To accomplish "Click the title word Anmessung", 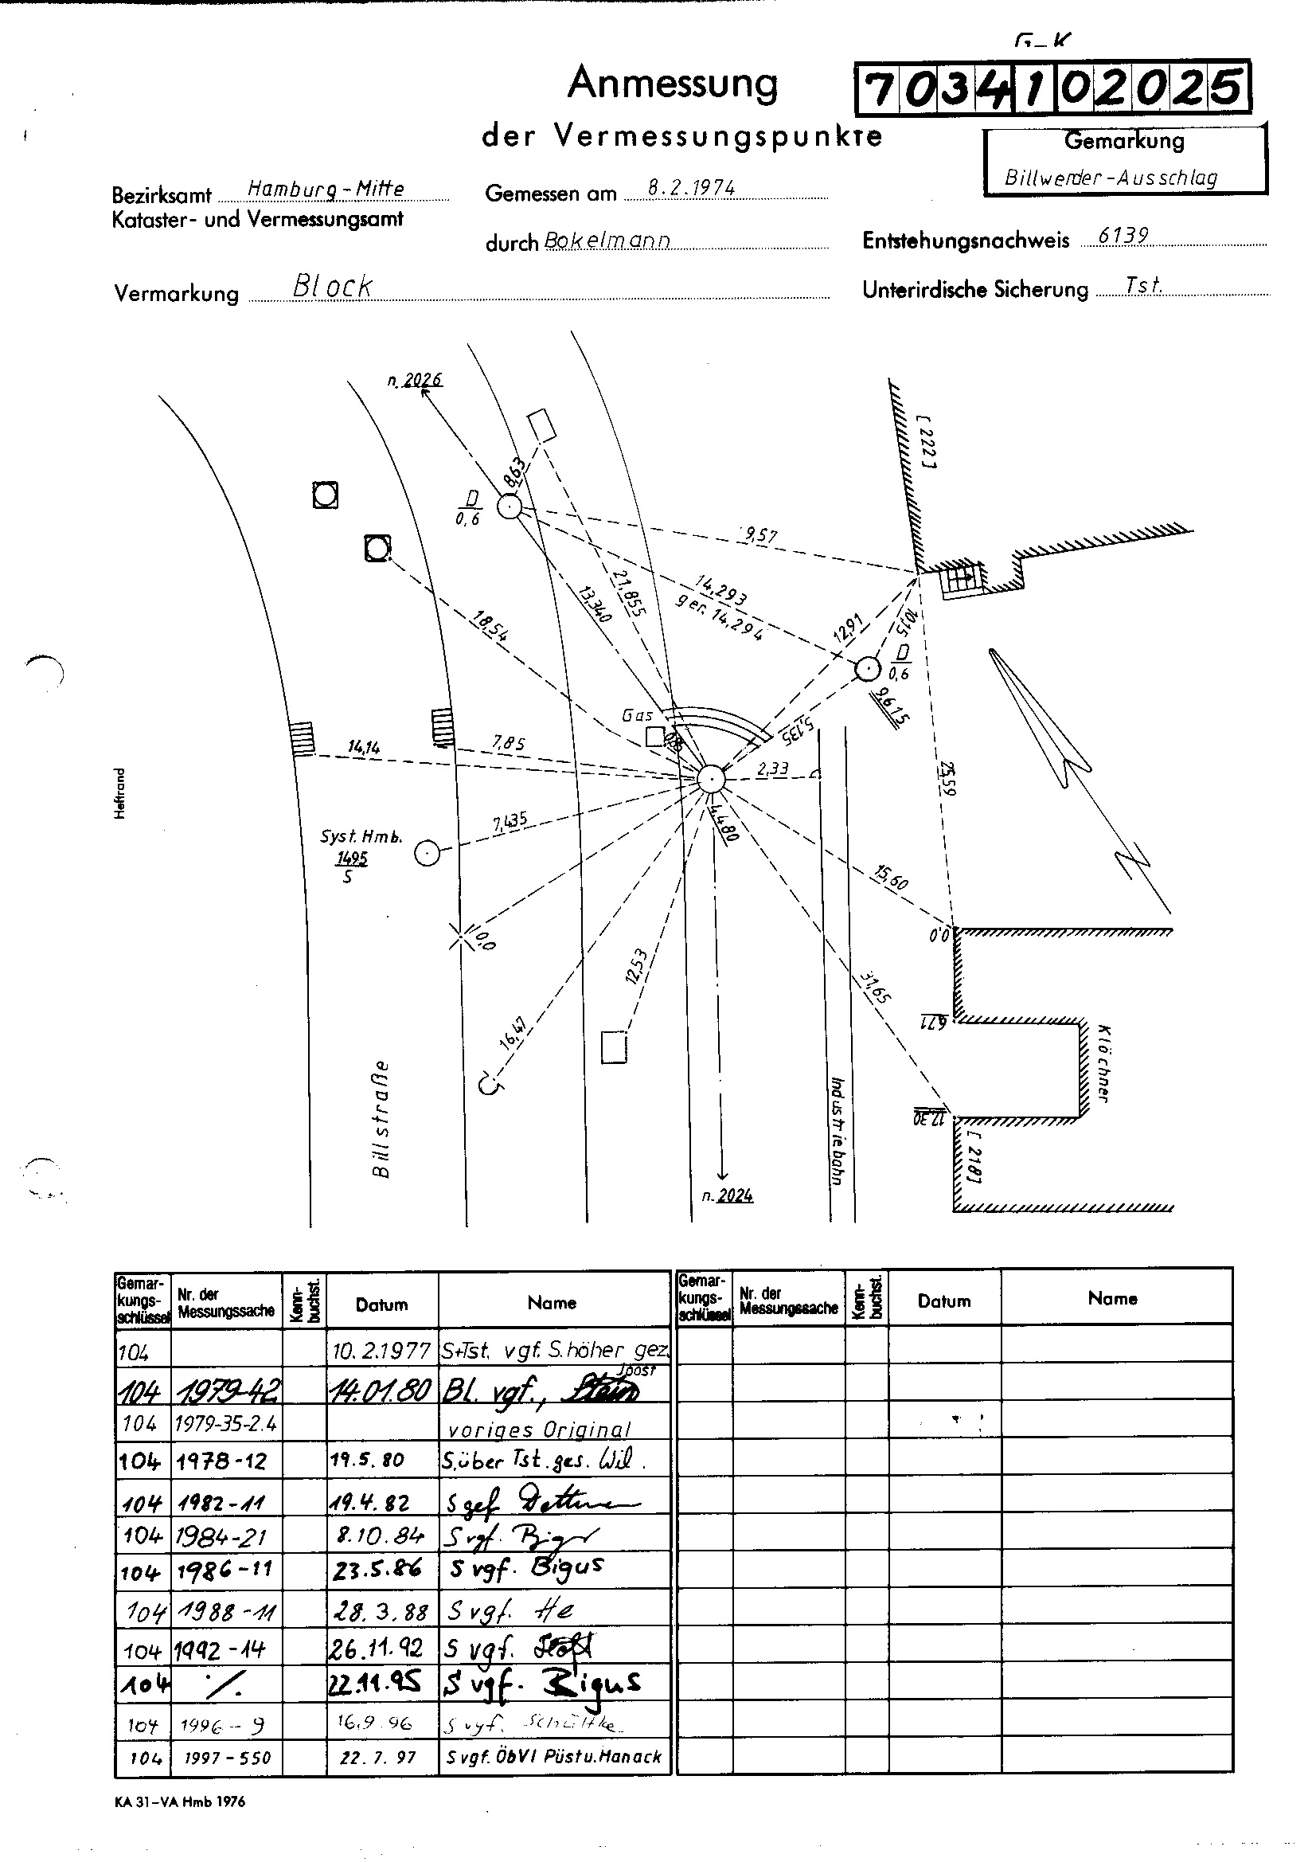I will click(x=672, y=84).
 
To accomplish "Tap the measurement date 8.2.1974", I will click(x=692, y=188).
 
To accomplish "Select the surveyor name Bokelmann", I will click(x=607, y=241).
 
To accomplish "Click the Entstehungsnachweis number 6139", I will click(x=1123, y=235).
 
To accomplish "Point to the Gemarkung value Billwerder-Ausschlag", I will click(x=1110, y=178).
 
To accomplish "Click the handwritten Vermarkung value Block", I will click(x=333, y=286).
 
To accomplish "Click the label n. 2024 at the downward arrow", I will click(x=728, y=1195).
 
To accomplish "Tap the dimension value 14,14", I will click(x=363, y=747).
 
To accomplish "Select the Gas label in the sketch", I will click(x=638, y=715).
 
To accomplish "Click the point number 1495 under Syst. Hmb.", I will click(x=353, y=859).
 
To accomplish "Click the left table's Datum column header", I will click(x=381, y=1305).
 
